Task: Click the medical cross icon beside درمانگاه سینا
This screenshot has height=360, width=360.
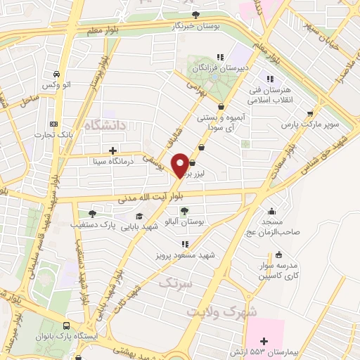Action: pyautogui.click(x=112, y=150)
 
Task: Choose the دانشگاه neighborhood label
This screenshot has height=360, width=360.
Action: pyautogui.click(x=104, y=125)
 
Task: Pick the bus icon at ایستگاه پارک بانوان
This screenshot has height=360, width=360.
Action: pyautogui.click(x=66, y=326)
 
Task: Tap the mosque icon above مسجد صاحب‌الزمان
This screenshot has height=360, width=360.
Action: pyautogui.click(x=272, y=211)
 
